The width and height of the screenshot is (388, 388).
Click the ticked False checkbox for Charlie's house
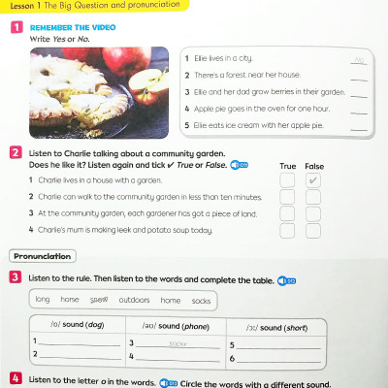tap(312, 180)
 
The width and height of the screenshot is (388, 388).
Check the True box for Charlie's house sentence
tap(287, 180)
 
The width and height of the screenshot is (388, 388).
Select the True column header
tap(287, 166)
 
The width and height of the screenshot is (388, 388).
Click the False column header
tap(314, 166)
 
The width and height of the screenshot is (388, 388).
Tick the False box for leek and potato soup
tap(312, 230)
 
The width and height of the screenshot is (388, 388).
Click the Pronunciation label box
tap(43, 256)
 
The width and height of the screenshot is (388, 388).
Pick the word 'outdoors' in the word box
tap(134, 300)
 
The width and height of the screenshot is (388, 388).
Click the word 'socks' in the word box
tap(201, 300)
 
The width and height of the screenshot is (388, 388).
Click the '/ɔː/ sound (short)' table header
tap(276, 327)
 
